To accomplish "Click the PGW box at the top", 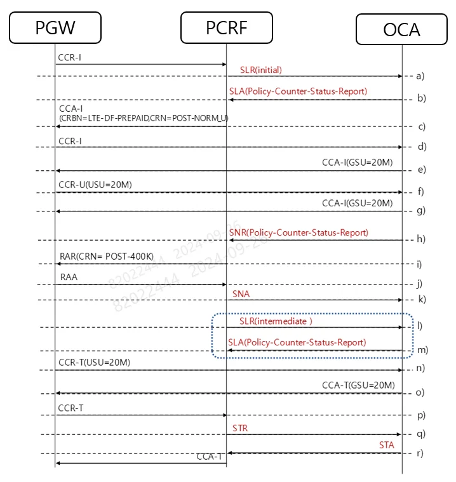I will point(55,28).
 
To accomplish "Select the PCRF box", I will point(226,28).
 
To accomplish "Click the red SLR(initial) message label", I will point(260,69).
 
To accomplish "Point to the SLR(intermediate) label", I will point(276,321).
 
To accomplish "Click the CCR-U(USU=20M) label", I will point(95,185).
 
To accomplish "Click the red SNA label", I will point(241,294).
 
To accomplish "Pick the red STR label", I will point(240,429).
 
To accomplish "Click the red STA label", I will point(386,446).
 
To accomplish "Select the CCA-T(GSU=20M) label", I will point(358,385).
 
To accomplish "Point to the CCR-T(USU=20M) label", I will point(94,363).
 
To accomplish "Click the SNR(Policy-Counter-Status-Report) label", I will point(299,233).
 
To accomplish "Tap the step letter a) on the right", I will point(420,76).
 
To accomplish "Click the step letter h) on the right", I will point(420,239).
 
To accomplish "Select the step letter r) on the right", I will point(419,453).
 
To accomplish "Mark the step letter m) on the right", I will point(422,350).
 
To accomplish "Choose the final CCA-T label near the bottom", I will point(210,456).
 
